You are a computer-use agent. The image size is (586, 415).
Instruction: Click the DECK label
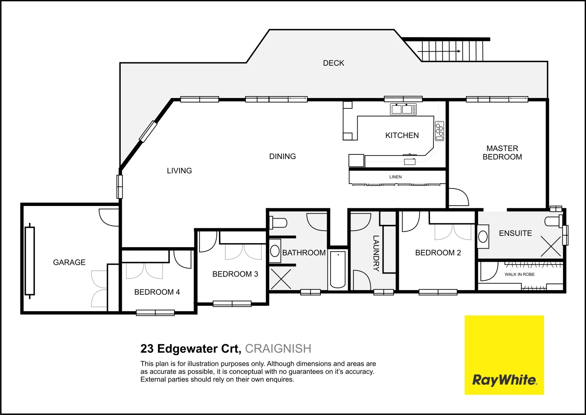pyautogui.click(x=334, y=63)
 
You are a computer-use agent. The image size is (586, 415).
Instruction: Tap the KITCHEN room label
pyautogui.click(x=402, y=135)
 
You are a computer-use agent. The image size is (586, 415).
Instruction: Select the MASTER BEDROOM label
pyautogui.click(x=502, y=153)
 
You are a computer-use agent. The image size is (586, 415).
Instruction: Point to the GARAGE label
pyautogui.click(x=69, y=262)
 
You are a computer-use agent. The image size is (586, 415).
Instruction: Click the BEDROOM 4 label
pyautogui.click(x=157, y=292)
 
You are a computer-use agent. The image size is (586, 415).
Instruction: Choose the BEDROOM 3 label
pyautogui.click(x=235, y=274)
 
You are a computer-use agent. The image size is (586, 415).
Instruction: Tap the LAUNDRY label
pyautogui.click(x=376, y=253)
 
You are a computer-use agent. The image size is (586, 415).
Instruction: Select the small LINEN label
pyautogui.click(x=395, y=177)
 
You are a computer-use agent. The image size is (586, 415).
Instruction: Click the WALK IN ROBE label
pyautogui.click(x=520, y=274)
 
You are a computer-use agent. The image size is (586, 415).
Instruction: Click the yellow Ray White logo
pyautogui.click(x=504, y=355)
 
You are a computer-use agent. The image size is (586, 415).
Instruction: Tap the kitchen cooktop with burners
pyautogui.click(x=439, y=131)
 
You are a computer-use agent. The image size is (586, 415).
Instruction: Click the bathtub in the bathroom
pyautogui.click(x=338, y=269)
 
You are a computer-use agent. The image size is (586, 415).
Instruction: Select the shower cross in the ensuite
pyautogui.click(x=551, y=246)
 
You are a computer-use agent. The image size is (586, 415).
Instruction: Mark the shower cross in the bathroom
pyautogui.click(x=281, y=279)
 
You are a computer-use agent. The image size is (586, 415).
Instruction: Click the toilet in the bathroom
pyautogui.click(x=279, y=223)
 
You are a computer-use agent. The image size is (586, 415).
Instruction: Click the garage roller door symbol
pyautogui.click(x=30, y=261)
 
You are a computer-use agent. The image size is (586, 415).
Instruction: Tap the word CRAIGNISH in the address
pyautogui.click(x=278, y=349)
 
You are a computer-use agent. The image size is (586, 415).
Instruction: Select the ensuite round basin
pyautogui.click(x=483, y=237)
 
